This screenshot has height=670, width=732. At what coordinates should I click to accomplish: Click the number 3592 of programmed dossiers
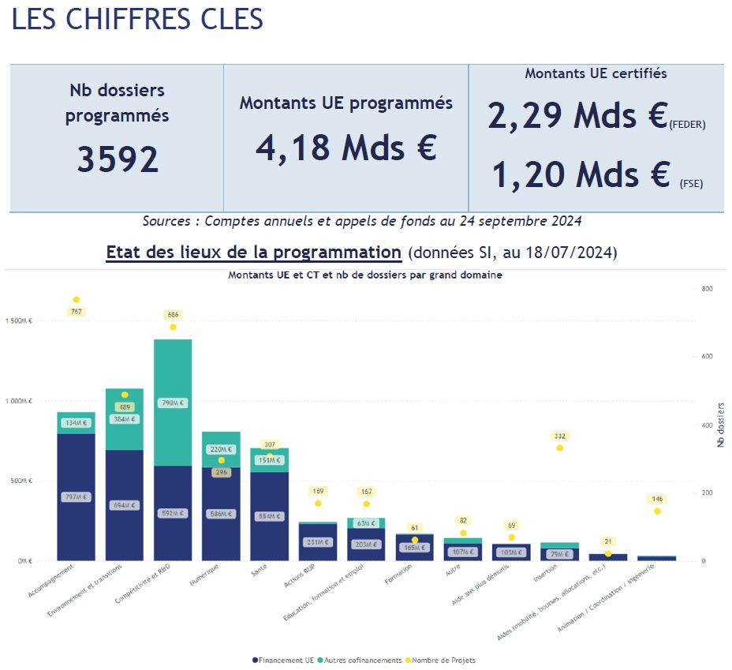pyautogui.click(x=118, y=159)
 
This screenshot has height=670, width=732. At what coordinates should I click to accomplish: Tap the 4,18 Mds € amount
pyautogui.click(x=345, y=147)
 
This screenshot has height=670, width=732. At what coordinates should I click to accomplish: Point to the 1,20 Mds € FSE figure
pyautogui.click(x=581, y=174)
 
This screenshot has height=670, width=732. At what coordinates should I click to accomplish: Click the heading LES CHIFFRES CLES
pyautogui.click(x=137, y=20)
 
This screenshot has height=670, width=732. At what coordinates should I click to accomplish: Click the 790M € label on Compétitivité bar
pyautogui.click(x=173, y=402)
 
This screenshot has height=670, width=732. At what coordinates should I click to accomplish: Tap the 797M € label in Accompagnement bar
pyautogui.click(x=76, y=497)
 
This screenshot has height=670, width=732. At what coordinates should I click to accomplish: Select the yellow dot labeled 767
pyautogui.click(x=77, y=300)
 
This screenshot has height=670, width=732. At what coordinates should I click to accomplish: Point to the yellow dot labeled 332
pyautogui.click(x=559, y=447)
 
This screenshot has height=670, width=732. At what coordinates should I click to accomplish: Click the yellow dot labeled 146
pyautogui.click(x=657, y=511)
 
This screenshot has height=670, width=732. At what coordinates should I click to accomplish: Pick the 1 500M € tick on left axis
pyautogui.click(x=19, y=321)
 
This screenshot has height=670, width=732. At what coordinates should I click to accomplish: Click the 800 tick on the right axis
pyautogui.click(x=707, y=289)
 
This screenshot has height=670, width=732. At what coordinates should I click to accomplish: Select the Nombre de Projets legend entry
pyautogui.click(x=443, y=660)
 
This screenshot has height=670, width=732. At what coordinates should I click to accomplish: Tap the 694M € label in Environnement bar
pyautogui.click(x=124, y=505)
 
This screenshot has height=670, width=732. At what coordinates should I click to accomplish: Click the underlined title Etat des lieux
pyautogui.click(x=254, y=253)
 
